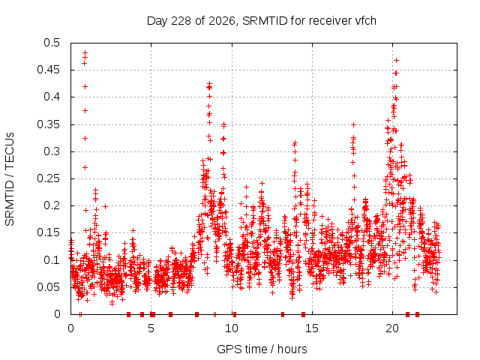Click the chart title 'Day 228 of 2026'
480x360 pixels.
click(192, 21)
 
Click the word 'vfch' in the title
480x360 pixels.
click(365, 21)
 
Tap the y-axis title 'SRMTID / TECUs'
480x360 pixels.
click(10, 179)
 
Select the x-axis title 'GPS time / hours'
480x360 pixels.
click(262, 349)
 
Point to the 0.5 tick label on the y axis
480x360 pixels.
click(52, 43)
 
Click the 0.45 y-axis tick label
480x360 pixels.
click(48, 70)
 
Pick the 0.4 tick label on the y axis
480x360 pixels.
click(52, 97)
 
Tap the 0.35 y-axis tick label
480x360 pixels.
click(48, 124)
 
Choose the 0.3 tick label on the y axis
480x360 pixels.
click(52, 151)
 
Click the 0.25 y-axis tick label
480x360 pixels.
click(48, 178)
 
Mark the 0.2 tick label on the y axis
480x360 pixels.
click(52, 205)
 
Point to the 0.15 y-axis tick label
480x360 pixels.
click(48, 232)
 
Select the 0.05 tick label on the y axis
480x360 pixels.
click(48, 287)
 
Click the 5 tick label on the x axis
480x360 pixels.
click(151, 328)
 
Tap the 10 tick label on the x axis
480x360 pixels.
click(232, 328)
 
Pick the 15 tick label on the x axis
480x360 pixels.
click(312, 328)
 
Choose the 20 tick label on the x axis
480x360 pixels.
click(392, 328)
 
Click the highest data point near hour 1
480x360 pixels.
click(85, 52)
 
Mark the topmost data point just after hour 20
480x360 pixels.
click(396, 60)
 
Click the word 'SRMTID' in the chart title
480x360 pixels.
click(265, 21)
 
